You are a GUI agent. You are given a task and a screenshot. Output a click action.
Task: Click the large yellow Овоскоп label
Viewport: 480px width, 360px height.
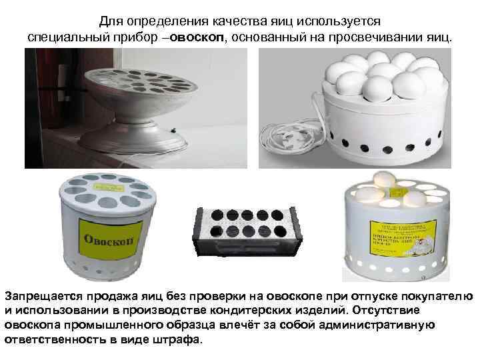click(109, 237)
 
